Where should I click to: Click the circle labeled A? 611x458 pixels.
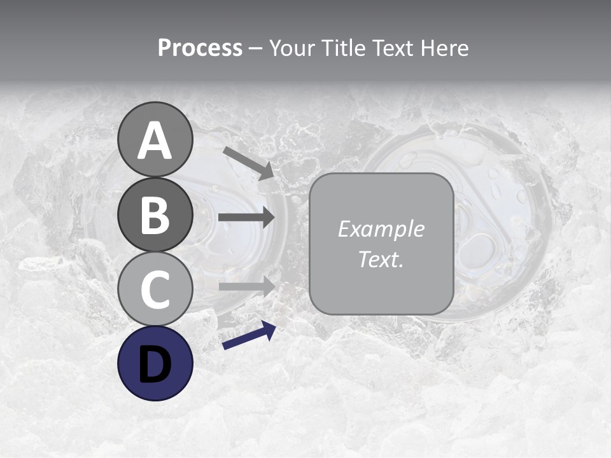point(155,139)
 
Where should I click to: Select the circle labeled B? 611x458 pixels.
point(155,214)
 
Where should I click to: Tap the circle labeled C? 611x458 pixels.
point(155,289)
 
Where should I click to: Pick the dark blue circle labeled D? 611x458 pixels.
point(155,363)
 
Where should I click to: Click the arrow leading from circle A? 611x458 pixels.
point(248,163)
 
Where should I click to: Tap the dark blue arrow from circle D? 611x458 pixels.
point(249,336)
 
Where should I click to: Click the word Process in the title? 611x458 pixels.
point(200,48)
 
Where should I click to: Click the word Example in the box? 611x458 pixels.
point(381,229)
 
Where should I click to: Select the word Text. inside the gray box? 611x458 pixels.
point(381,259)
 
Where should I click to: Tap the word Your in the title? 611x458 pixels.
point(291,48)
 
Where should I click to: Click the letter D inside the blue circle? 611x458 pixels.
point(155,363)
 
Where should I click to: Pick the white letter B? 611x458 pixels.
point(155,215)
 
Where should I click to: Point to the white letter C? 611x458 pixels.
point(155,289)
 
